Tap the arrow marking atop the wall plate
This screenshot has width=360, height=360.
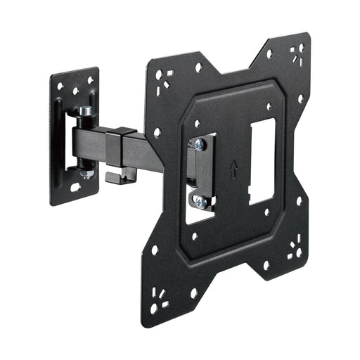tap(75, 74)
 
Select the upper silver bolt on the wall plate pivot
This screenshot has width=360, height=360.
tap(85, 110)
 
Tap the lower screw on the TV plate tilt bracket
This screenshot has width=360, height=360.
tap(200, 201)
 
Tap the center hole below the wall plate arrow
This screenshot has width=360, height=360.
tap(75, 91)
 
